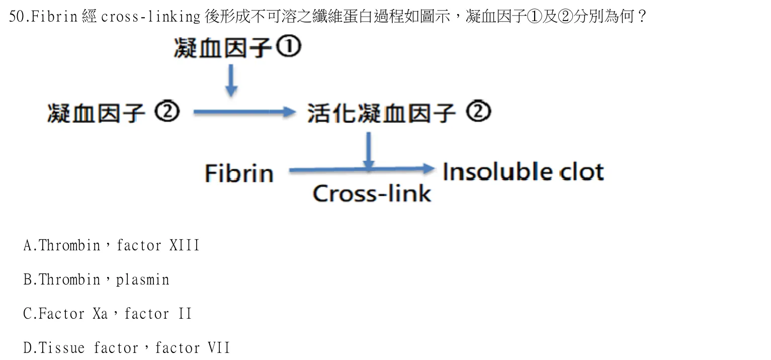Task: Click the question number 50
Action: [17, 17]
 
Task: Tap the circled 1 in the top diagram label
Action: [289, 47]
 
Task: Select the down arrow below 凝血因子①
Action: [231, 80]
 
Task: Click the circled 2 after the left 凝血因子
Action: [167, 112]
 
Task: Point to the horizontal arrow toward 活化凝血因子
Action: [245, 112]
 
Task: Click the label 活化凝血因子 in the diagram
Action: [381, 113]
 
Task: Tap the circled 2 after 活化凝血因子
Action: [479, 111]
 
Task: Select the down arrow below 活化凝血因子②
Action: [369, 151]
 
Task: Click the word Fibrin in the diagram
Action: [239, 173]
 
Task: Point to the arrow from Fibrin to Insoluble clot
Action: [362, 169]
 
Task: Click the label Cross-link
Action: [372, 193]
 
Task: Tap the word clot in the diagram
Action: [581, 171]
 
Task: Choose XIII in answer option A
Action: [184, 246]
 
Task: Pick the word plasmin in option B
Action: [142, 281]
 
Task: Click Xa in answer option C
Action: [100, 314]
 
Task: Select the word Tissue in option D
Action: [61, 347]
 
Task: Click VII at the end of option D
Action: [219, 347]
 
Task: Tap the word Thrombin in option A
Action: [69, 246]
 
